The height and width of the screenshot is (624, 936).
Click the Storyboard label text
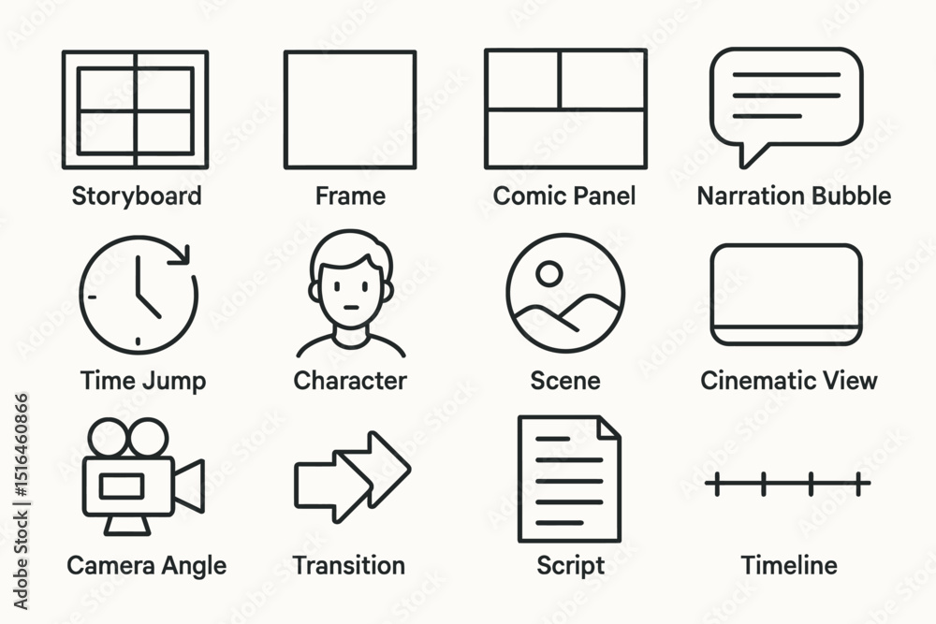(x=137, y=196)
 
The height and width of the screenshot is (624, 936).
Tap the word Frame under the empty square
(x=350, y=196)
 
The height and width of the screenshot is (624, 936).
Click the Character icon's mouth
(x=351, y=309)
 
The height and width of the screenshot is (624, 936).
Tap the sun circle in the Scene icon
(x=548, y=274)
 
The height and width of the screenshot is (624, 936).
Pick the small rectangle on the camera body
(x=122, y=486)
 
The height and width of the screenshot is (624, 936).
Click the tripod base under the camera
(x=127, y=525)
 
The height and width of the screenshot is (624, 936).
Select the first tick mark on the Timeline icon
(x=717, y=484)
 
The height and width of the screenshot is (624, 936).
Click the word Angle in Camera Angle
(x=195, y=567)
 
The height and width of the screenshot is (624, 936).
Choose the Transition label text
(x=349, y=566)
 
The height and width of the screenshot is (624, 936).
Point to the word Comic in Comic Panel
(x=526, y=196)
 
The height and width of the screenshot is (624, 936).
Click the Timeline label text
(x=788, y=566)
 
